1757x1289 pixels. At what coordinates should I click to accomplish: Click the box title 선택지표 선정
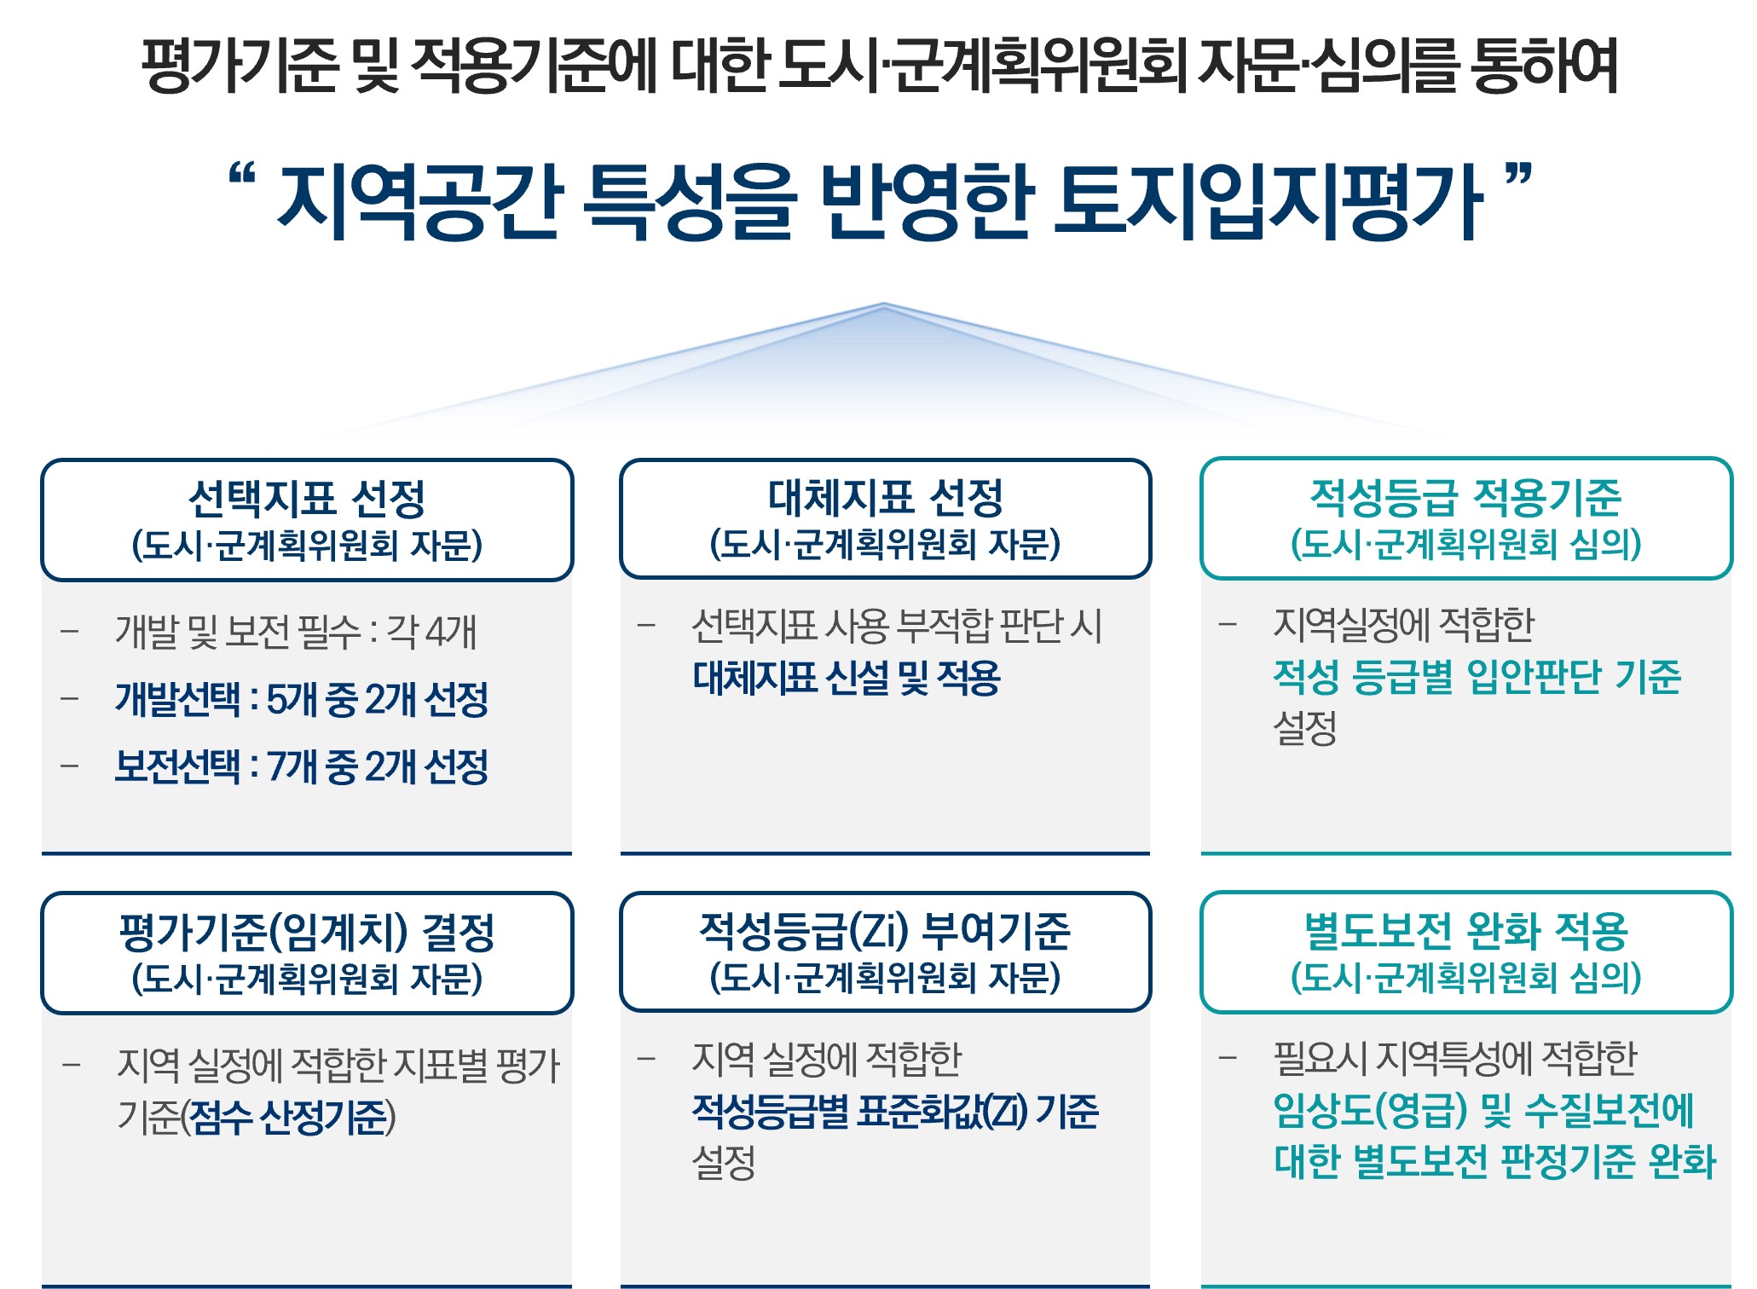pyautogui.click(x=306, y=498)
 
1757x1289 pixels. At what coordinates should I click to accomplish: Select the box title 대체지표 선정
pyautogui.click(x=885, y=497)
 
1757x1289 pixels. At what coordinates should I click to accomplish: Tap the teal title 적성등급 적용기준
pyautogui.click(x=1465, y=497)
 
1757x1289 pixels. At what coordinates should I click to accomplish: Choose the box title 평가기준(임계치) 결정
pyautogui.click(x=306, y=931)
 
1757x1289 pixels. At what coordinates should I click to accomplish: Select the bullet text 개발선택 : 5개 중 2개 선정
pyautogui.click(x=302, y=699)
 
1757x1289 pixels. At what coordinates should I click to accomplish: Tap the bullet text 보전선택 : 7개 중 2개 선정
pyautogui.click(x=302, y=766)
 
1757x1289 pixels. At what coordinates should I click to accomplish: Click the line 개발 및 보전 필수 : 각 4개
pyautogui.click(x=296, y=632)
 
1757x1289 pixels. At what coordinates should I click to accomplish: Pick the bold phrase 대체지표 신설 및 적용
pyautogui.click(x=847, y=678)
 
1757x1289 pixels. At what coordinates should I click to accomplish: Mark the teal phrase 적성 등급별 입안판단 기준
pyautogui.click(x=1477, y=677)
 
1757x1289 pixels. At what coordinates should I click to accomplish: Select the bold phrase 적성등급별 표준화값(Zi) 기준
pyautogui.click(x=895, y=1111)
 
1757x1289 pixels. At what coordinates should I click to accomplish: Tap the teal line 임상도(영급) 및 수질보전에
pyautogui.click(x=1483, y=1110)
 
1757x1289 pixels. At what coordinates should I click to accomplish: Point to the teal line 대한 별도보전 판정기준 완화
pyautogui.click(x=1494, y=1161)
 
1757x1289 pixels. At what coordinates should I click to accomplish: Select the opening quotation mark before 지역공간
pyautogui.click(x=243, y=176)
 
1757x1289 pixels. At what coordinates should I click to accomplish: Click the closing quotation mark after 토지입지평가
pyautogui.click(x=1518, y=176)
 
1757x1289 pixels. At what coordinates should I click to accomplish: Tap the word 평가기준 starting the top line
pyautogui.click(x=240, y=66)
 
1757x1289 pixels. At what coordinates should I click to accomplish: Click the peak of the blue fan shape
pyautogui.click(x=884, y=303)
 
